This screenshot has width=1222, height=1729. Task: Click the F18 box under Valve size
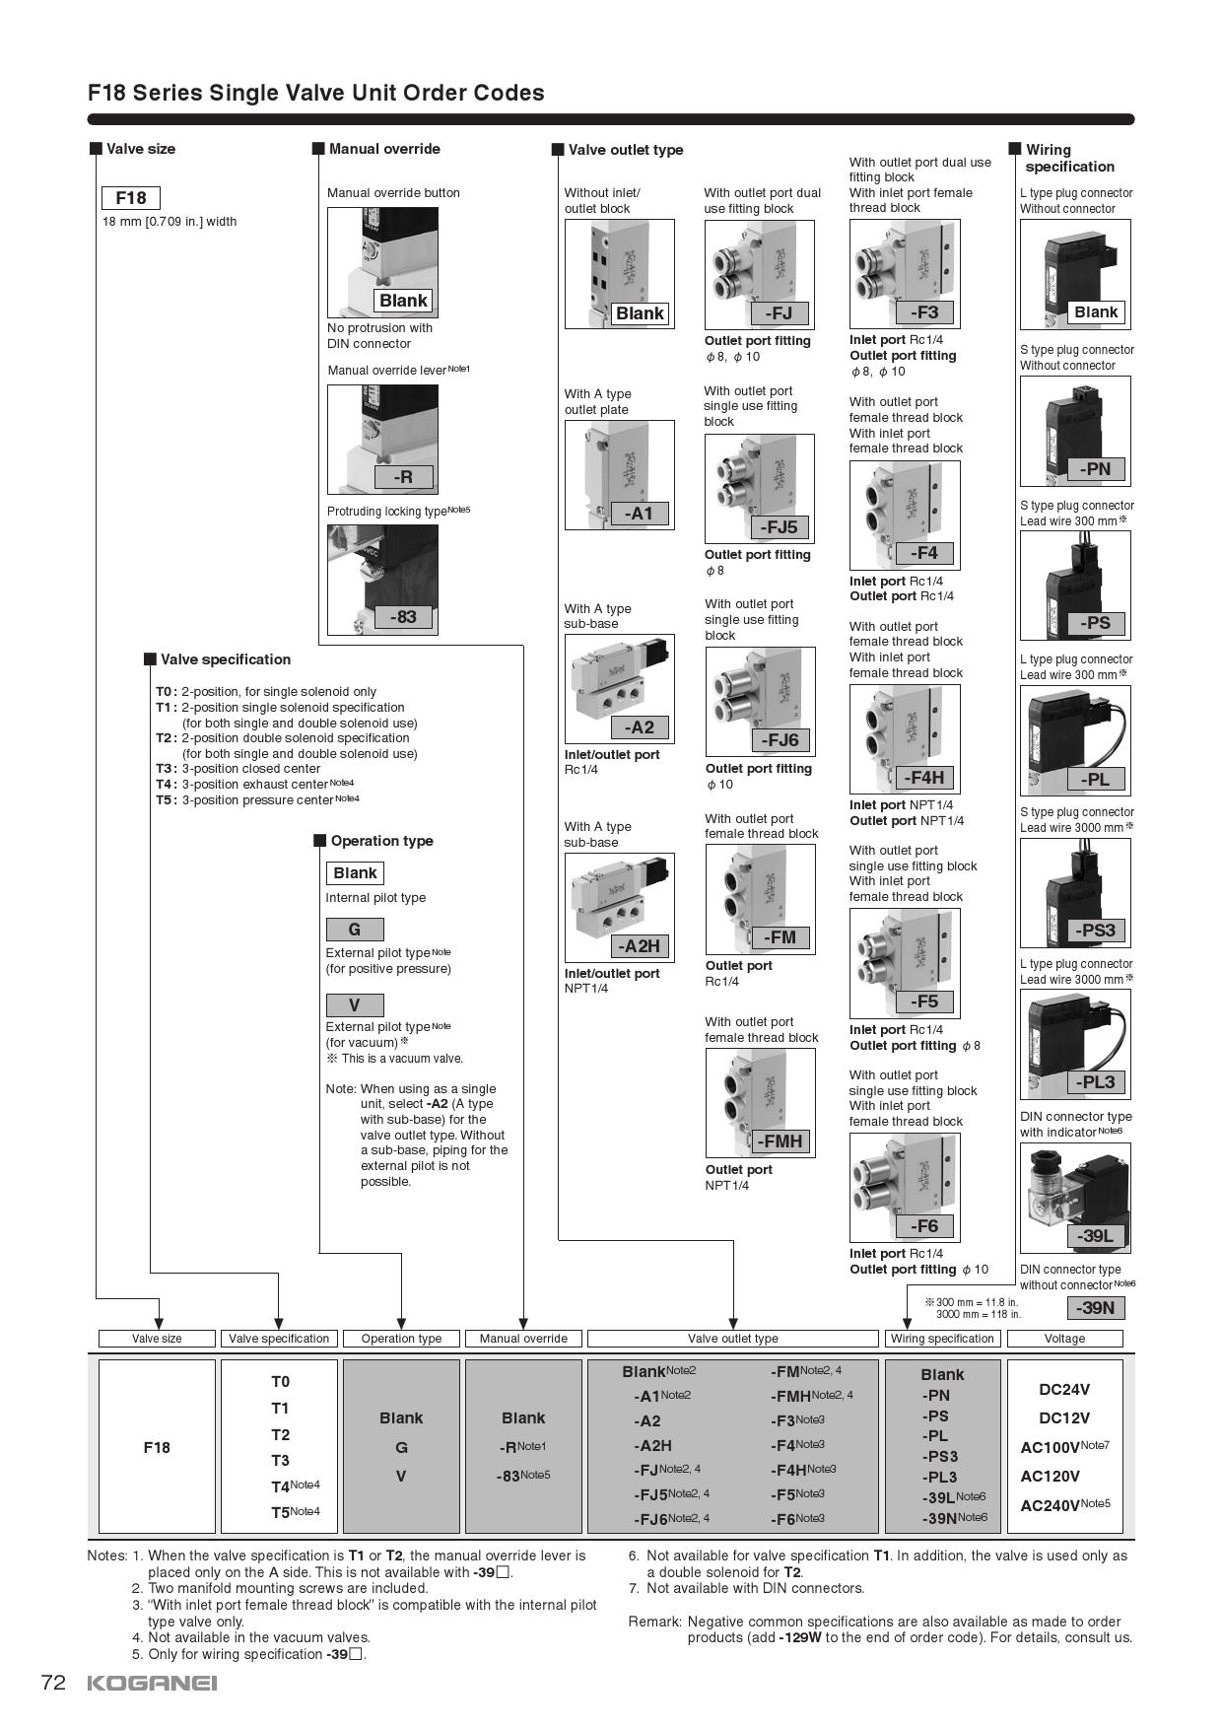pyautogui.click(x=130, y=198)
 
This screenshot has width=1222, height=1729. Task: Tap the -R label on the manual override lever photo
pyautogui.click(x=404, y=477)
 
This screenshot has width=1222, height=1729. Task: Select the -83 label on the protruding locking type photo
pyautogui.click(x=403, y=617)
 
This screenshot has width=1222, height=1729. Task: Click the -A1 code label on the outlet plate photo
pyautogui.click(x=639, y=514)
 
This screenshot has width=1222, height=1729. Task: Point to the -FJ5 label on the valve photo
pyautogui.click(x=779, y=527)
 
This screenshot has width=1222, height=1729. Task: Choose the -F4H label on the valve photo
pyautogui.click(x=923, y=778)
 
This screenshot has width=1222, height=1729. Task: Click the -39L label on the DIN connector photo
pyautogui.click(x=1095, y=1236)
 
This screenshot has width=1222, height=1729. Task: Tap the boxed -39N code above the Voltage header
pyautogui.click(x=1095, y=1308)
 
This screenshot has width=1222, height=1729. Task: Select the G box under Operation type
pyautogui.click(x=354, y=930)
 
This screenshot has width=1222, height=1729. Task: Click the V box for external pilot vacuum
pyautogui.click(x=354, y=1005)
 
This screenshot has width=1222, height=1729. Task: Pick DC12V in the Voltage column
pyautogui.click(x=1064, y=1418)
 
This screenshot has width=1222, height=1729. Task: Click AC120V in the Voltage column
pyautogui.click(x=1051, y=1476)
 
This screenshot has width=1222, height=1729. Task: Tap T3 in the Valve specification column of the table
pyautogui.click(x=281, y=1460)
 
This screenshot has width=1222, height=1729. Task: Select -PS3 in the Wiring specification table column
pyautogui.click(x=939, y=1456)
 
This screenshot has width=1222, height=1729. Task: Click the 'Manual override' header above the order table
pyautogui.click(x=523, y=1339)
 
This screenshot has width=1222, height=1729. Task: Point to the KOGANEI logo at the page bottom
pyautogui.click(x=152, y=1683)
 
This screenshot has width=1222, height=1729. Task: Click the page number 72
pyautogui.click(x=53, y=1683)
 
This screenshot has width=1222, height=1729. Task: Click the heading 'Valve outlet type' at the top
pyautogui.click(x=626, y=150)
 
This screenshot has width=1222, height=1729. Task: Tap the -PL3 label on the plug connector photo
pyautogui.click(x=1095, y=1082)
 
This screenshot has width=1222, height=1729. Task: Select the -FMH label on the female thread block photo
pyautogui.click(x=780, y=1141)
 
